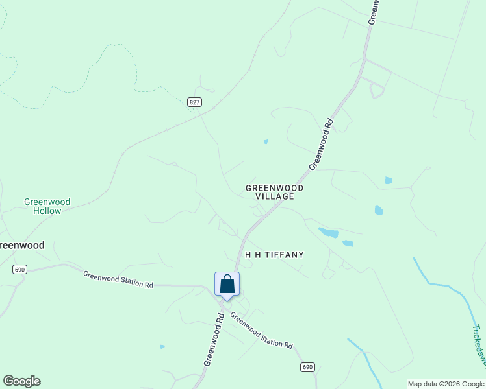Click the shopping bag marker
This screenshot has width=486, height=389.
tap(227, 284)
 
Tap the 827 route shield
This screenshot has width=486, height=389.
tap(195, 102)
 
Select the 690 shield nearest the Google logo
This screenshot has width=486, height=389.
tap(19, 269)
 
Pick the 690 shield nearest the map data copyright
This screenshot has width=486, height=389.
tap(308, 367)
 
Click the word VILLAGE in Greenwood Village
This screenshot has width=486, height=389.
tap(275, 196)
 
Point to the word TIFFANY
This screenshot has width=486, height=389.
tap(283, 255)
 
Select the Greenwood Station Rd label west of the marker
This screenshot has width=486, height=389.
tap(118, 279)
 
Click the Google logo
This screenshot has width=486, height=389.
tap(21, 381)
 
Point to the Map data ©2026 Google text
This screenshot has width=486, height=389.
tap(446, 384)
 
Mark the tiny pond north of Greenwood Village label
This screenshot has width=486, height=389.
tap(266, 141)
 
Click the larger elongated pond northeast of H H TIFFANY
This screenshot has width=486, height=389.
tap(328, 233)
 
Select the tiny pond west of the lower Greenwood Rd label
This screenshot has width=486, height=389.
tap(162, 346)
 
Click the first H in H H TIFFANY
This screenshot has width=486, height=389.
tap(248, 255)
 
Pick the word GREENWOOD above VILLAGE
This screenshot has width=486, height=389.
tap(274, 188)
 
